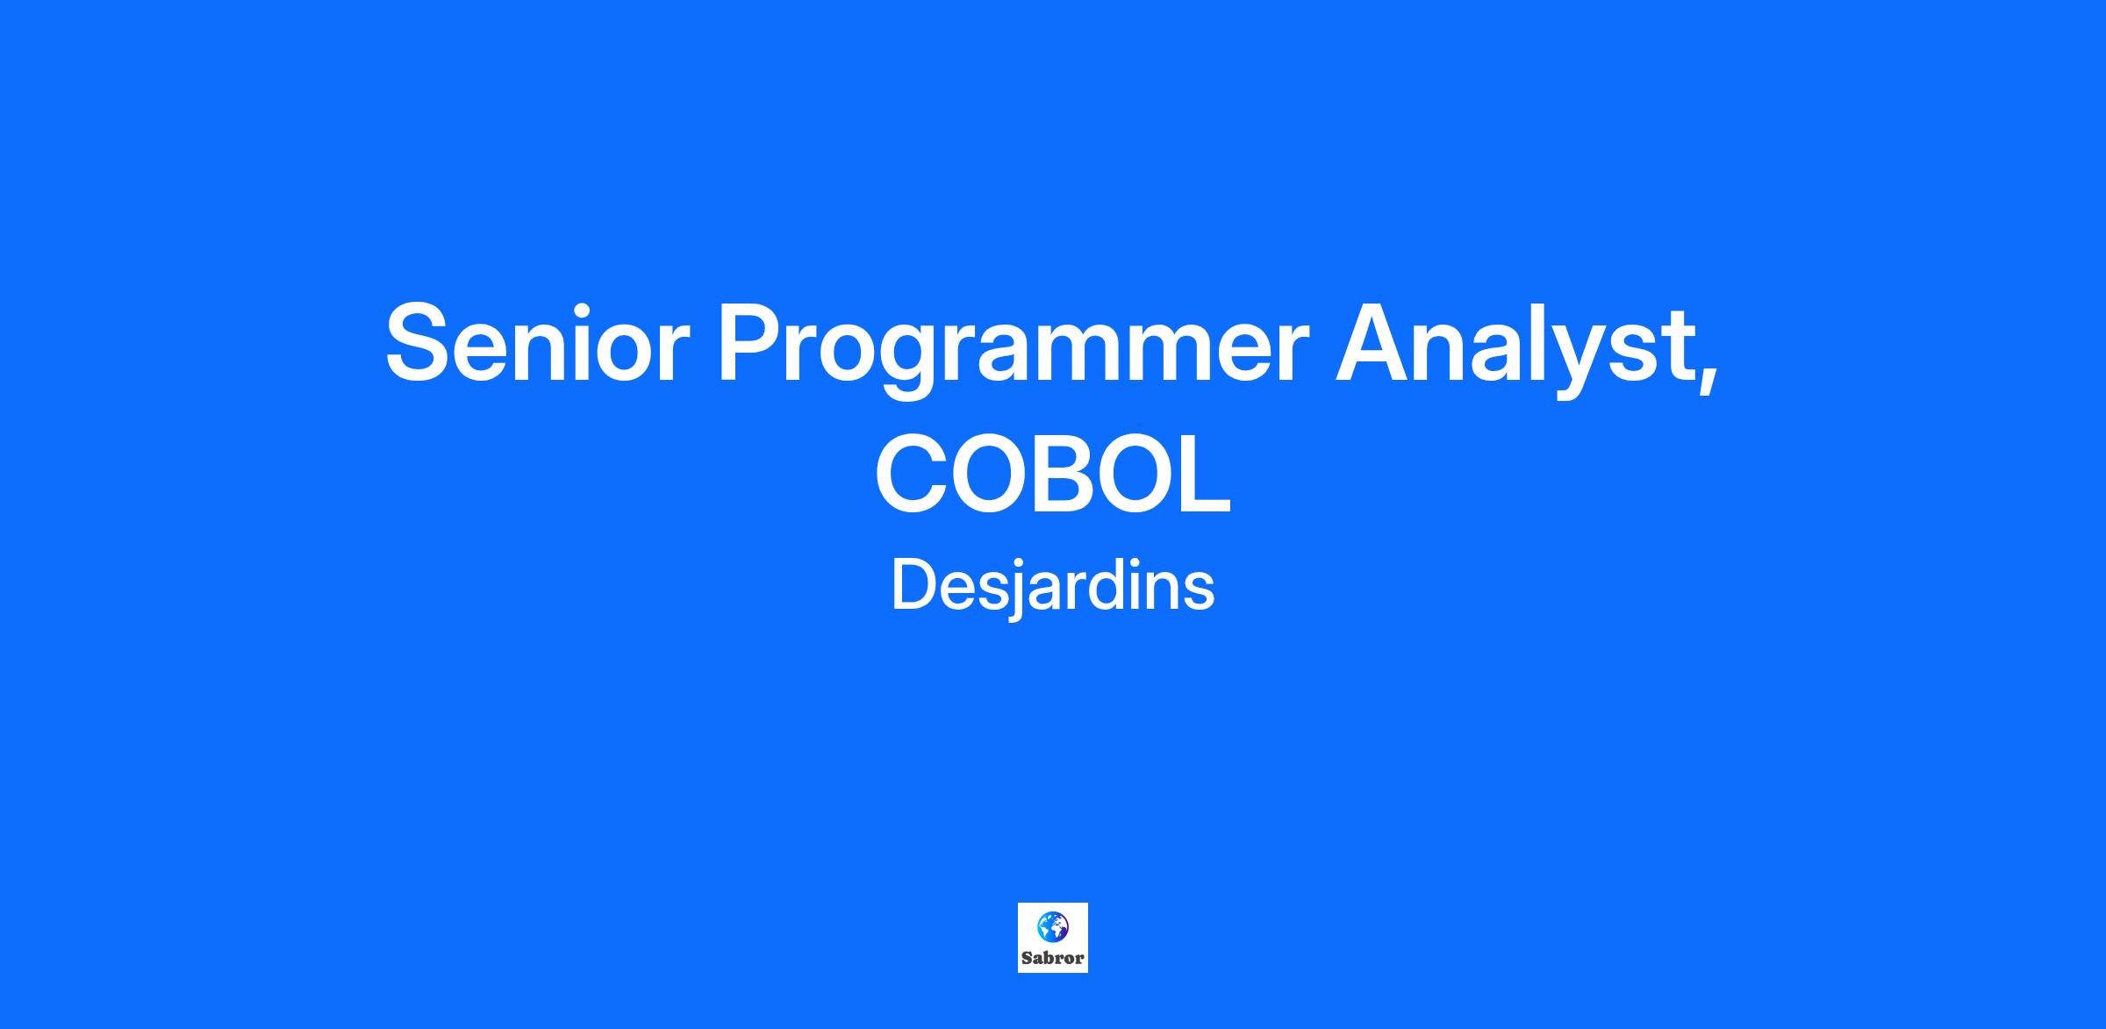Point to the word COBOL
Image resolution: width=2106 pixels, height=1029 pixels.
pyautogui.click(x=1053, y=475)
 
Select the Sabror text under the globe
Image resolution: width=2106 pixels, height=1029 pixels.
pyautogui.click(x=1053, y=958)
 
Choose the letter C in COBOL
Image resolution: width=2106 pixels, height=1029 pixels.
pyautogui.click(x=913, y=475)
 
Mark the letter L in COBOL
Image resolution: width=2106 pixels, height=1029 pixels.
pyautogui.click(x=1203, y=475)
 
